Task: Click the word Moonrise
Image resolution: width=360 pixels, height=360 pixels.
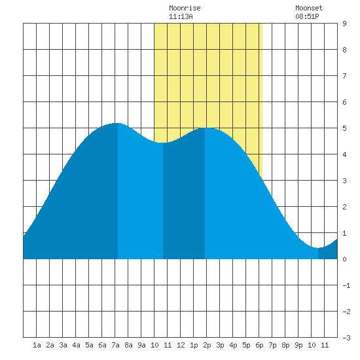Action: (x=185, y=8)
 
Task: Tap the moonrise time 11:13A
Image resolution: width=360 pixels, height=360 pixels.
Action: (x=181, y=16)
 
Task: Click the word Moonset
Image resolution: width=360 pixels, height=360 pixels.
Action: (x=309, y=8)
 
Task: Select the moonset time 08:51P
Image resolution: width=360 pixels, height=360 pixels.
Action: (x=307, y=16)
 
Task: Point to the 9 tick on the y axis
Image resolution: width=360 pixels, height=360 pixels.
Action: (x=344, y=24)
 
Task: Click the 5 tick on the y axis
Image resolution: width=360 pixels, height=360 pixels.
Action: (x=344, y=128)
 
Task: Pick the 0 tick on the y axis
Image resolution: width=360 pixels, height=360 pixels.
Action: (x=344, y=259)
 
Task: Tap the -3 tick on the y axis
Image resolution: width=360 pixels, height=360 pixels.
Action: (x=346, y=338)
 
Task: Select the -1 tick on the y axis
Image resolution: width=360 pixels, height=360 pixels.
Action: (x=346, y=285)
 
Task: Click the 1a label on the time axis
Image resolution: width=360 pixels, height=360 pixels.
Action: (x=37, y=345)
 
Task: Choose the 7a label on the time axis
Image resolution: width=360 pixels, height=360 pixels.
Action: (x=115, y=345)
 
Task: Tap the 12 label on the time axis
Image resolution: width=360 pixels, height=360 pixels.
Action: (x=181, y=345)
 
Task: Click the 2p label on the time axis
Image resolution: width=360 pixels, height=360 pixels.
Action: (x=207, y=345)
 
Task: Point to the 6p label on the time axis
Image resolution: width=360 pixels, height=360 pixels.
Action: (x=259, y=345)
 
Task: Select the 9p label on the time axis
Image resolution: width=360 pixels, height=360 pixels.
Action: (x=298, y=345)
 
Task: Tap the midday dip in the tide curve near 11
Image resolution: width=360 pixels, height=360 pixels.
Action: (x=163, y=143)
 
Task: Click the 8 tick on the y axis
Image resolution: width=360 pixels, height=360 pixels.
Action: (x=344, y=50)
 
